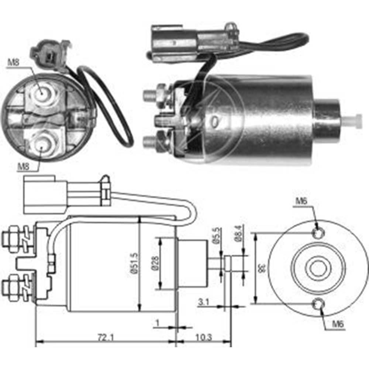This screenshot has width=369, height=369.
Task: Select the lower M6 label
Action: (338, 325)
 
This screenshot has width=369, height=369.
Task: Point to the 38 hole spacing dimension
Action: (262, 268)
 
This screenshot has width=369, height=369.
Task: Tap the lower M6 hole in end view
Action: (318, 304)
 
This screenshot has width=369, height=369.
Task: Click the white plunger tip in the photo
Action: (355, 121)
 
